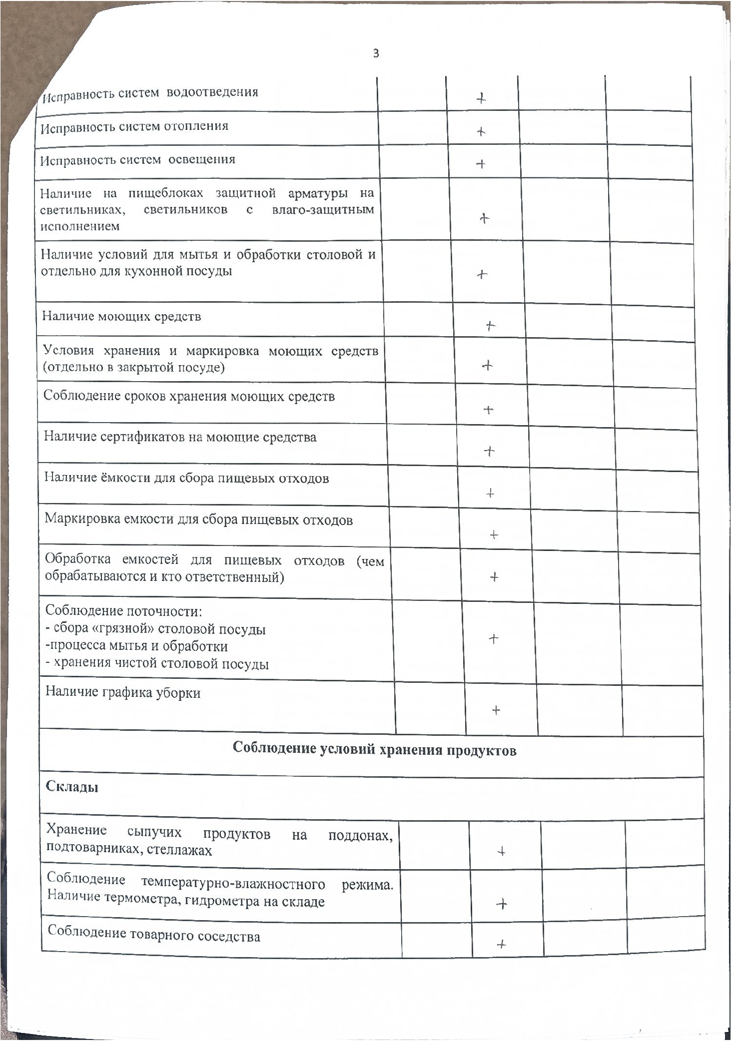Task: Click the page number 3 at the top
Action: tap(376, 53)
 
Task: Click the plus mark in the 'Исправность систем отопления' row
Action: tap(481, 132)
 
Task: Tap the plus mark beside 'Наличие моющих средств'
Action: tap(490, 326)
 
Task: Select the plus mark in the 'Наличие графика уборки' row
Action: tap(496, 710)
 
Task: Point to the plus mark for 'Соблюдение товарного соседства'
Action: tap(502, 944)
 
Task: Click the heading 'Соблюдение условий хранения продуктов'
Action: tap(374, 750)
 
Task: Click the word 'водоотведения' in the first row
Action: tap(212, 92)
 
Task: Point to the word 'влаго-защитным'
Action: tap(323, 210)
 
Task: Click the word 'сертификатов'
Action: tap(141, 438)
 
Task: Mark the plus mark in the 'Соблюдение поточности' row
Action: tap(493, 638)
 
